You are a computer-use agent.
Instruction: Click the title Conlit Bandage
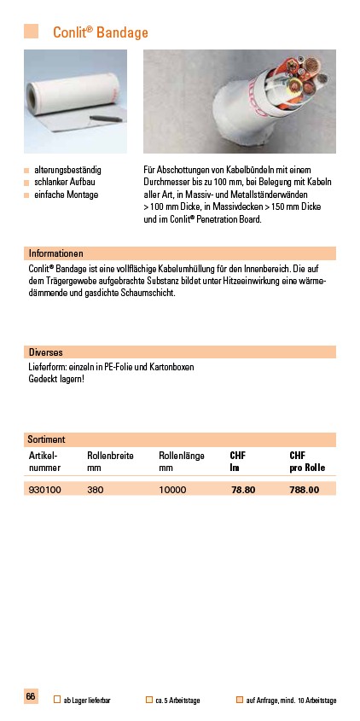click(x=101, y=32)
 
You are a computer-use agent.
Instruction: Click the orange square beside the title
click(x=32, y=32)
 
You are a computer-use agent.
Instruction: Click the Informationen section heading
click(x=56, y=253)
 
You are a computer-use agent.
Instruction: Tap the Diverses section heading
click(x=46, y=352)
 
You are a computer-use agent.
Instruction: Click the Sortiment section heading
click(x=48, y=439)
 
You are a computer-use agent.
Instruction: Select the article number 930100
click(x=45, y=490)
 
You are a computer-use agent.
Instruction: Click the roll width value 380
click(x=96, y=490)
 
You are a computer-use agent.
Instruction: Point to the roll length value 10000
click(x=173, y=490)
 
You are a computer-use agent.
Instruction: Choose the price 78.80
click(x=244, y=490)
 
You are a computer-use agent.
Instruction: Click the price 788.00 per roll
click(x=305, y=490)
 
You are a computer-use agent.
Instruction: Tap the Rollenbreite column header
click(x=110, y=456)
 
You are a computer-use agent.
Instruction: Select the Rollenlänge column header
click(x=182, y=456)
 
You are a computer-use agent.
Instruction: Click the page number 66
click(x=31, y=697)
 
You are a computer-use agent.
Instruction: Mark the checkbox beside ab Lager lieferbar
click(x=57, y=701)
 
